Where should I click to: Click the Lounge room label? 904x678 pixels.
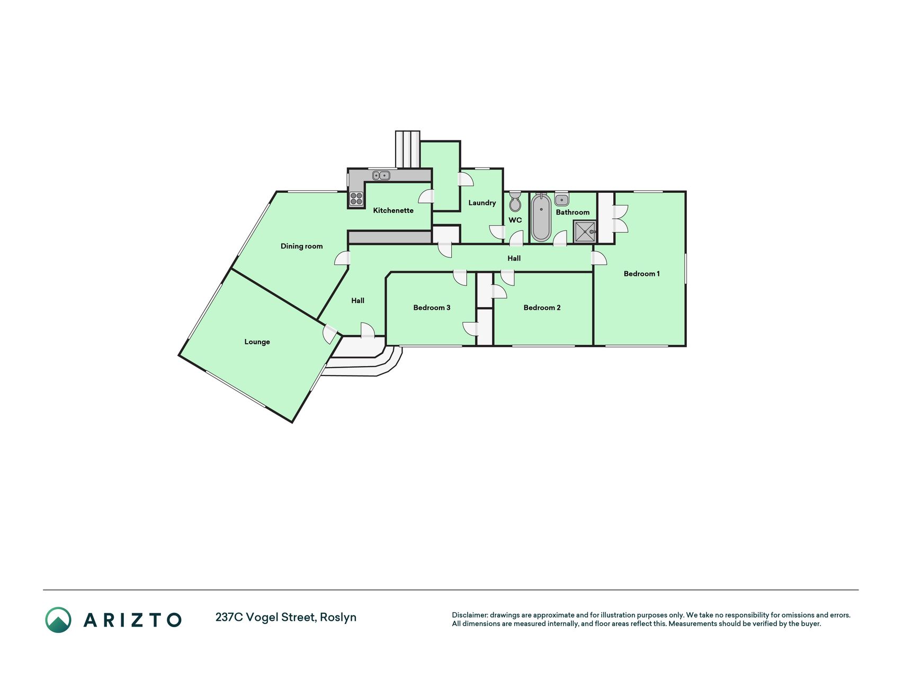point(257,342)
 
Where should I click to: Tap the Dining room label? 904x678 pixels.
point(301,246)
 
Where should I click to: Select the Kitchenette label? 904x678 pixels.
point(393,210)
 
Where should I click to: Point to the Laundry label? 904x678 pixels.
point(482,202)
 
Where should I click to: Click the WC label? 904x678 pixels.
point(515,220)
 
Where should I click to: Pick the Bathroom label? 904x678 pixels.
point(572,212)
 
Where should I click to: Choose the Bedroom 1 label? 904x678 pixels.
point(641,273)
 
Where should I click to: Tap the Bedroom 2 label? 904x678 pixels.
point(542,307)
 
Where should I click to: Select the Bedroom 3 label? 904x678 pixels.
point(432,307)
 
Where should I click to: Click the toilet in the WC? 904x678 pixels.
point(515,202)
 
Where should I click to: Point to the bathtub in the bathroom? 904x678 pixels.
point(541,217)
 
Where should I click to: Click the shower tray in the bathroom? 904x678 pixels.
point(585,231)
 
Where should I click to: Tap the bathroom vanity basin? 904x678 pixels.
point(561,200)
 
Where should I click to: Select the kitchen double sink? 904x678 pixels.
point(381,175)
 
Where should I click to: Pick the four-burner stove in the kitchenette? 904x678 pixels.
point(356,199)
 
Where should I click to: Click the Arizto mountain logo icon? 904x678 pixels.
point(58,620)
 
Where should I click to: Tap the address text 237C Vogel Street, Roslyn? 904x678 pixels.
point(286,618)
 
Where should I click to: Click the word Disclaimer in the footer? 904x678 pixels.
point(469,615)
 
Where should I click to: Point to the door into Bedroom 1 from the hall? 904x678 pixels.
point(599,258)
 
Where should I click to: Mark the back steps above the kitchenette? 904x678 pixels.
point(407,149)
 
